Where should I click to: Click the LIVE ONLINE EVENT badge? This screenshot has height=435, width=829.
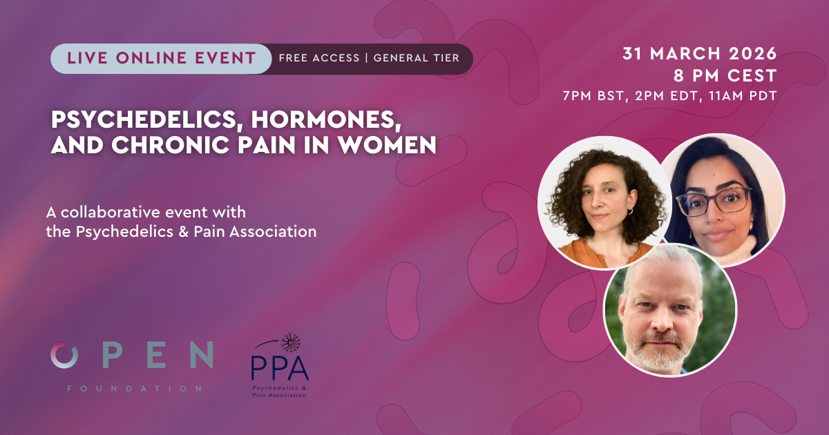click(161, 59)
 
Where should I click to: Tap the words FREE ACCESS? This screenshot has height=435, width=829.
click(318, 59)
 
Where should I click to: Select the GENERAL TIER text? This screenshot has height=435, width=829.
click(416, 59)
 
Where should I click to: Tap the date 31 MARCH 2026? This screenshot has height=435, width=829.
click(699, 54)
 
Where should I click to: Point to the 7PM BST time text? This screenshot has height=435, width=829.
click(590, 96)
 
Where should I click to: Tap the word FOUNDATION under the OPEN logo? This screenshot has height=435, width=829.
click(134, 389)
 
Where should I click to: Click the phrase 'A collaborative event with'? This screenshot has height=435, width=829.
click(146, 211)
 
